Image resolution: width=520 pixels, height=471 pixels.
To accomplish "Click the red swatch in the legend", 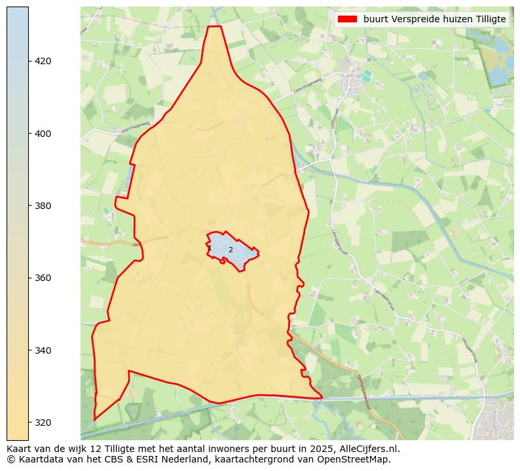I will pyautogui.click(x=347, y=19).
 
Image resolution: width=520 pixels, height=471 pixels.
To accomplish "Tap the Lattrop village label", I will pyautogui.click(x=352, y=75).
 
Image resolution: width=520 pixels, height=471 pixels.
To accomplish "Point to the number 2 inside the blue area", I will pyautogui.click(x=231, y=250).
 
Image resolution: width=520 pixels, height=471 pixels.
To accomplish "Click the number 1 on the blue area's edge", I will pyautogui.click(x=210, y=248).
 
